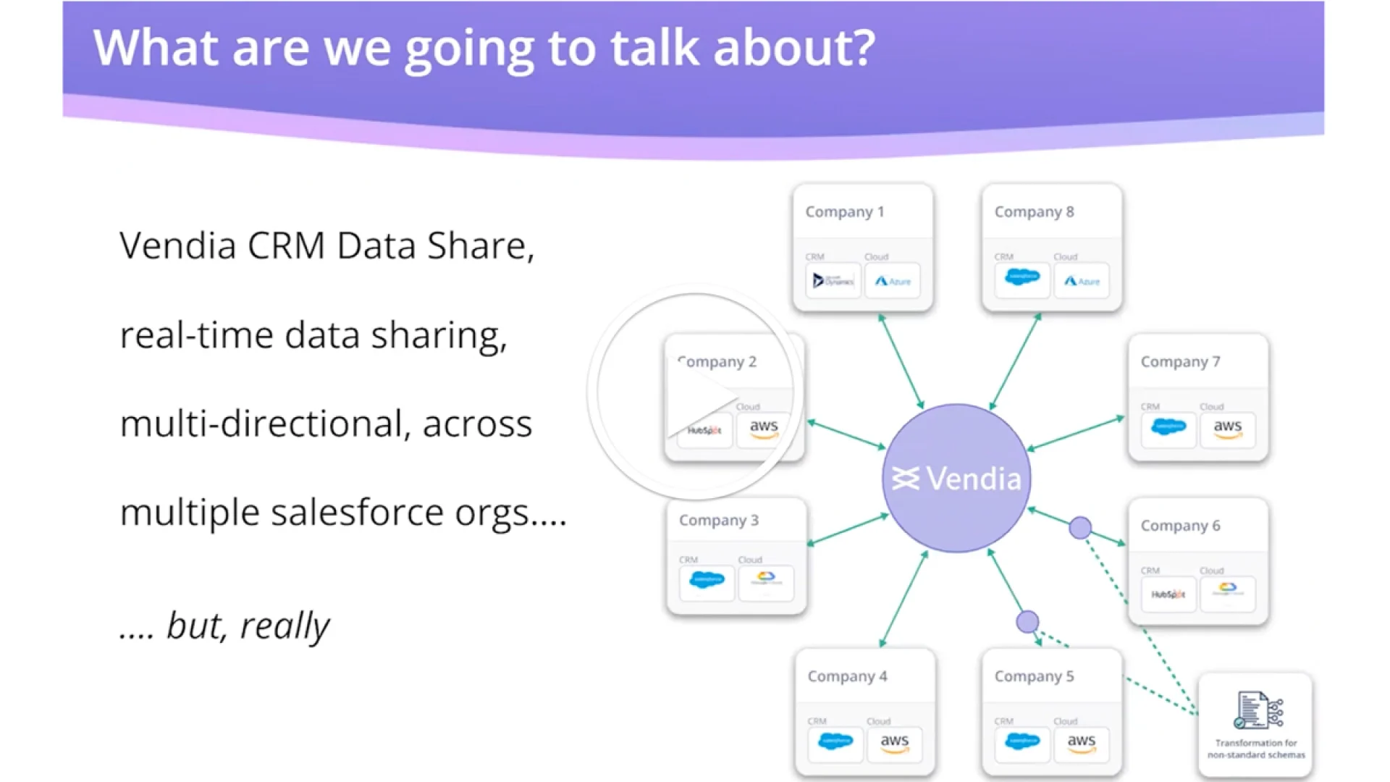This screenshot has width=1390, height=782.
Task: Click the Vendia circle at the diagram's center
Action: coord(956,479)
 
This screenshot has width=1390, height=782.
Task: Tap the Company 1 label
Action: coord(844,211)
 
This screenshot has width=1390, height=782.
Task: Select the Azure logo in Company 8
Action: coord(1081,281)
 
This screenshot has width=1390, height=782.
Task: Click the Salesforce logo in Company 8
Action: coord(1022,278)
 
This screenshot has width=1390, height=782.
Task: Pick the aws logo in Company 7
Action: coord(1227,428)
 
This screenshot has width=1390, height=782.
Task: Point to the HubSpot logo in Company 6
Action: coord(1168,594)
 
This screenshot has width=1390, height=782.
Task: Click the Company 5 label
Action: coord(1034,676)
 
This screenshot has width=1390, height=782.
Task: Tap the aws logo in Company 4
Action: coord(894,743)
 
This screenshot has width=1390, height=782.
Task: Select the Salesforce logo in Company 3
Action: coord(707,581)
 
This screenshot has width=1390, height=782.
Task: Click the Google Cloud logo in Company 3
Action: coord(766,580)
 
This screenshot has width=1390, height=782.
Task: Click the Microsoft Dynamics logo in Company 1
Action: coord(833,281)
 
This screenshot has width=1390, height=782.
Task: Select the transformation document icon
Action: coord(1258,710)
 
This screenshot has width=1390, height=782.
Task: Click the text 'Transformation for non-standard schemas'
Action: coord(1256,749)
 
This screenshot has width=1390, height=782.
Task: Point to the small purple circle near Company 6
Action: coord(1080,528)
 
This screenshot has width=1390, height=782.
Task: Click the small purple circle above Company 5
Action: coord(1027,621)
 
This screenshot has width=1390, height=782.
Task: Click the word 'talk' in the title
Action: coord(654,48)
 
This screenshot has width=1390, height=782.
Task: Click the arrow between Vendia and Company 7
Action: coord(1076,434)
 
